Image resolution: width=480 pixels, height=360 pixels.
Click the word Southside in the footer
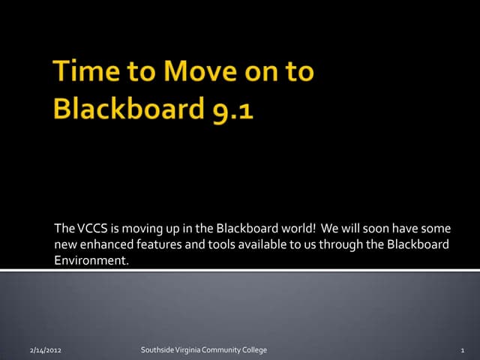(157, 350)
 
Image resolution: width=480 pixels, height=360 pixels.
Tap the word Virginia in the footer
(187, 350)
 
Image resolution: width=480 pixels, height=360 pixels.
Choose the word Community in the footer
(223, 350)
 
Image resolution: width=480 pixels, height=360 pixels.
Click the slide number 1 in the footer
(465, 350)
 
